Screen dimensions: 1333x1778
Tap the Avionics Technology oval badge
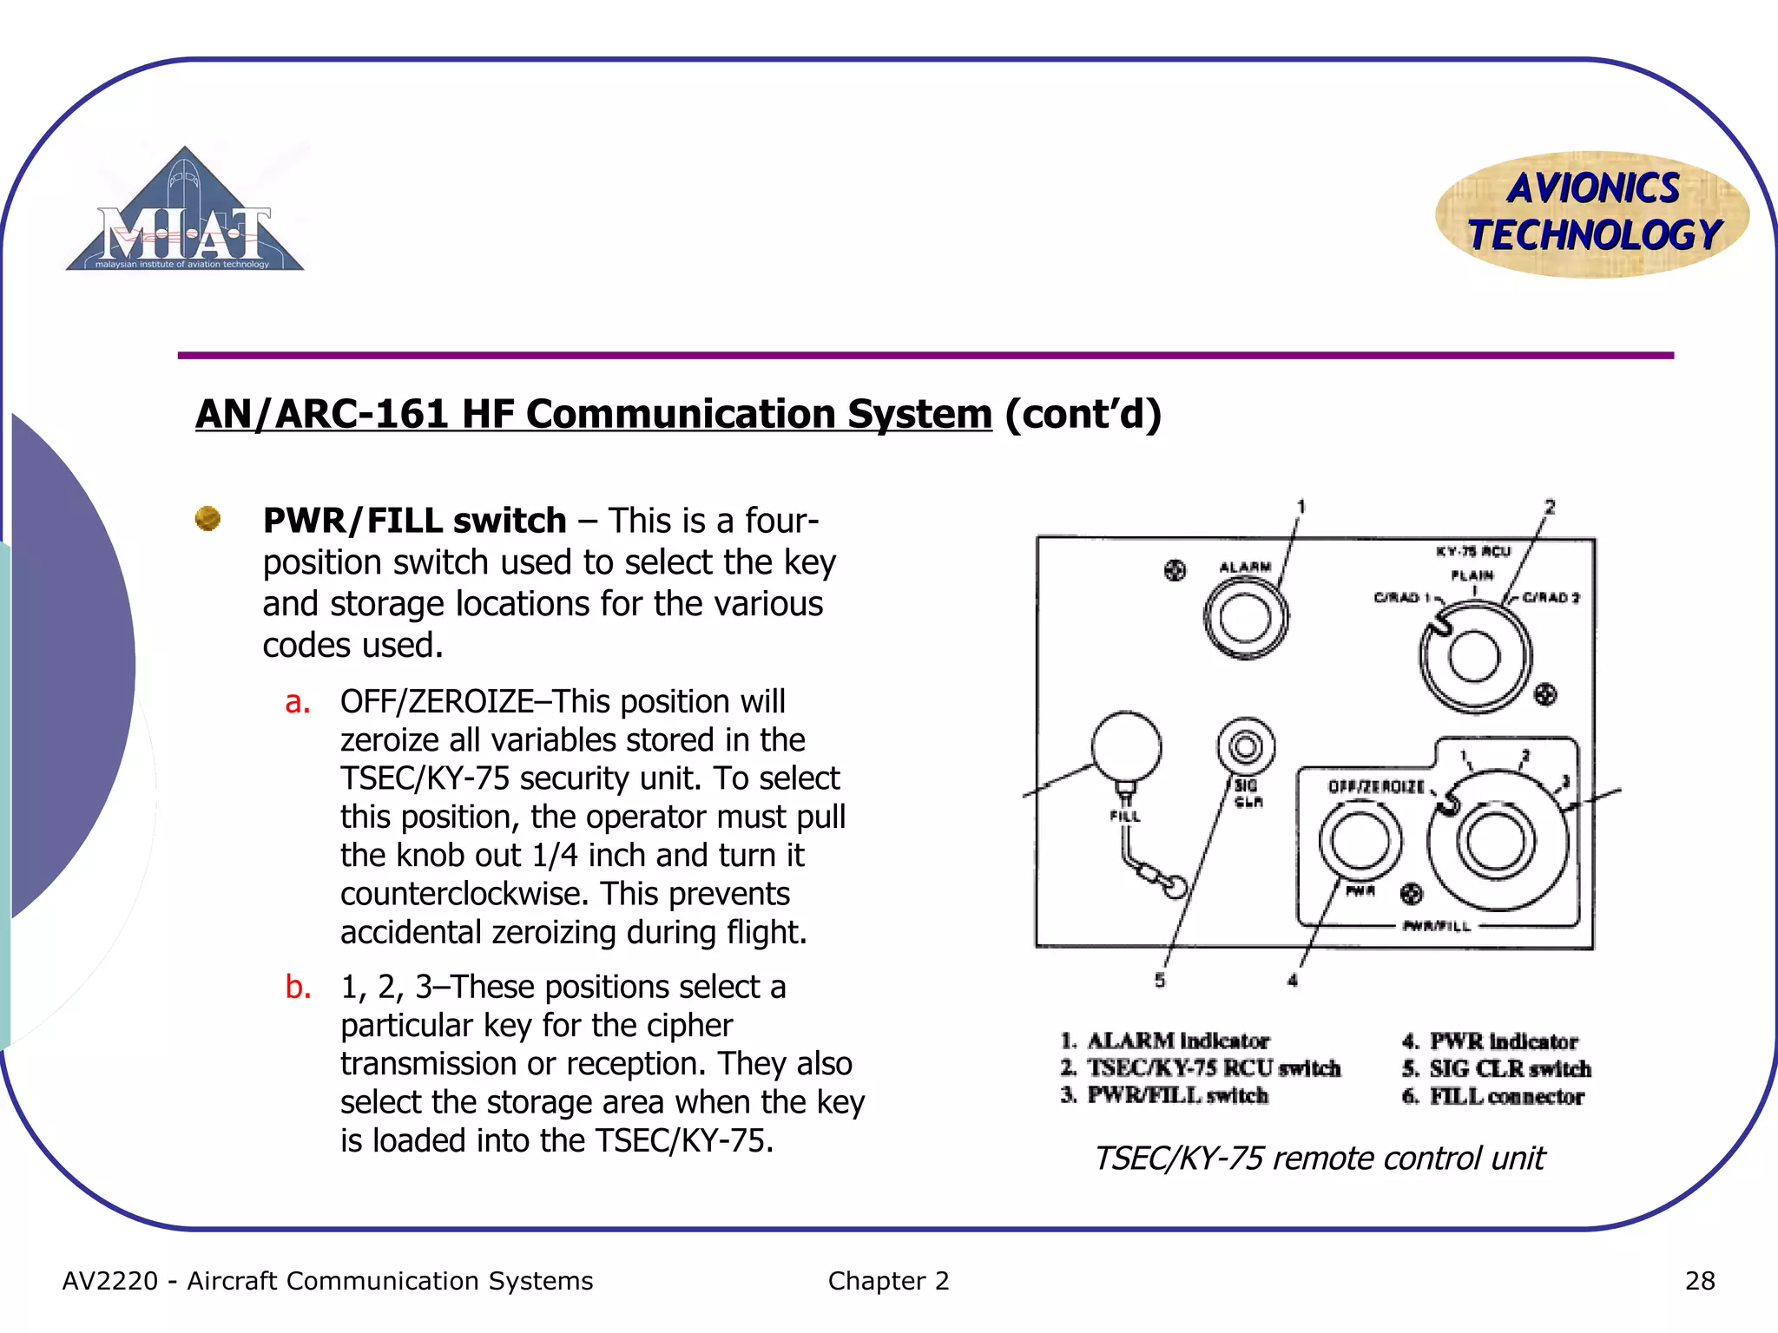tap(1592, 213)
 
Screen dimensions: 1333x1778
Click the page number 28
tap(1699, 1281)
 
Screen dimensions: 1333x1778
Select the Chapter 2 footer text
tap(888, 1281)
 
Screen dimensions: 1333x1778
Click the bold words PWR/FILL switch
tap(414, 521)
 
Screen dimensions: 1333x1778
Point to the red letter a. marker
tap(297, 702)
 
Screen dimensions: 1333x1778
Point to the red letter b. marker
tap(298, 988)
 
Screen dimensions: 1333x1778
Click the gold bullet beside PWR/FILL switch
tap(207, 519)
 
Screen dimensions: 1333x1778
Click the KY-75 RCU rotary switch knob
tap(1474, 657)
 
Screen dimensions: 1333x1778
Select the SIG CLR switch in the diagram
tap(1246, 746)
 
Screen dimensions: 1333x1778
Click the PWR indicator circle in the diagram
tap(1360, 840)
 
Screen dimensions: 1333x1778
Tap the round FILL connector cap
tap(1126, 746)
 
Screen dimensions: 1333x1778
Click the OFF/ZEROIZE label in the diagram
tap(1376, 786)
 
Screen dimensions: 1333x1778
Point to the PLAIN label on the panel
tap(1472, 575)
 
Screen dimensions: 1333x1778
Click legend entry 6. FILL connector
tap(1493, 1097)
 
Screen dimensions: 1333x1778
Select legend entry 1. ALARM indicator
tap(1165, 1041)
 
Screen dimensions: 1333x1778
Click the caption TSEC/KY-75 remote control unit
tap(1319, 1159)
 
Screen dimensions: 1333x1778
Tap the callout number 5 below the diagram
tap(1160, 980)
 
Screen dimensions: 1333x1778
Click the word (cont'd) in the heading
tap(1083, 414)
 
